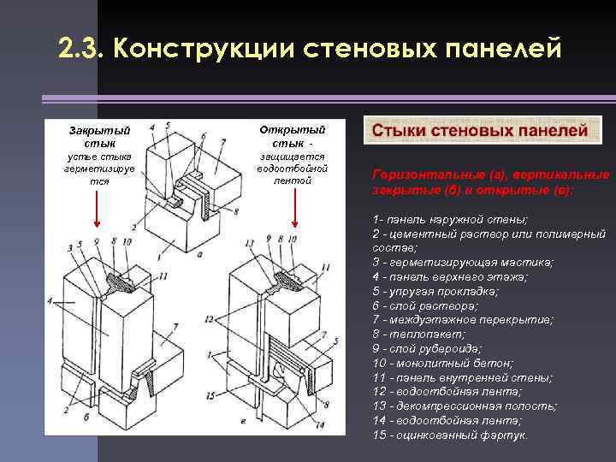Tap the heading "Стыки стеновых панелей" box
(x=483, y=131)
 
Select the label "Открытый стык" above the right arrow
(x=292, y=135)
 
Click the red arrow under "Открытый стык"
(x=294, y=210)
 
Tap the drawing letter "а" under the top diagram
(x=198, y=254)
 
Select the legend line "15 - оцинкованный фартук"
(x=450, y=435)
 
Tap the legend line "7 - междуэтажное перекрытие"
(x=463, y=319)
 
